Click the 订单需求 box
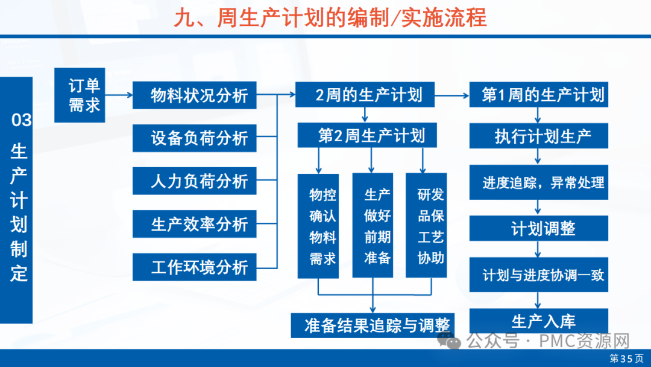point(84,95)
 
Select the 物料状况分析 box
point(194,95)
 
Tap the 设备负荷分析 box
point(194,138)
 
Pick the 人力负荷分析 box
point(194,181)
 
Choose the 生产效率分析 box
point(194,224)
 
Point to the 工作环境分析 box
point(194,267)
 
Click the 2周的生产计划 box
point(364,95)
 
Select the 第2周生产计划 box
point(367,136)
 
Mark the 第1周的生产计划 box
point(539,95)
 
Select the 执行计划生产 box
point(539,136)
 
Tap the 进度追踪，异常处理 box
point(539,182)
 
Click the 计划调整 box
point(539,228)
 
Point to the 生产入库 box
point(539,321)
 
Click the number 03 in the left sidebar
point(21,120)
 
